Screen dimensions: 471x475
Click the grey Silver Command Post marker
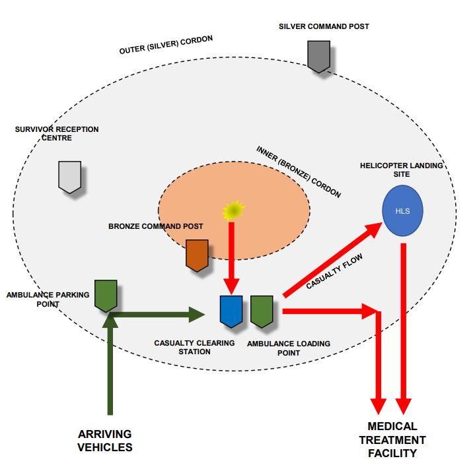click(x=319, y=56)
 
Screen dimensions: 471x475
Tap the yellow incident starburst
click(x=233, y=210)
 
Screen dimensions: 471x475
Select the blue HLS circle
click(x=402, y=211)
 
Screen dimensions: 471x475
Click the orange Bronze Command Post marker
click(x=197, y=255)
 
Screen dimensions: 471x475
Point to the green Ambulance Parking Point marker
click(x=106, y=295)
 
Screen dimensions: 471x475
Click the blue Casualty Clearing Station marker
click(x=231, y=311)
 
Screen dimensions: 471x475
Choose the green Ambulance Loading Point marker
click(x=262, y=311)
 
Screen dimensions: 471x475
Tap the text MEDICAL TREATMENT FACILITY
click(x=392, y=439)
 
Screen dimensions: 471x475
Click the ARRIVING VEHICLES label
click(x=105, y=441)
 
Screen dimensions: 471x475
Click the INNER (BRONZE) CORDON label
click(x=299, y=172)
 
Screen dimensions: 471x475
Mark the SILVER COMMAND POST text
click(x=324, y=26)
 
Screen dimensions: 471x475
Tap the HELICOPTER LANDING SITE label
click(x=401, y=170)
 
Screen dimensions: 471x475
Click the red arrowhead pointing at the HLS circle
click(x=373, y=230)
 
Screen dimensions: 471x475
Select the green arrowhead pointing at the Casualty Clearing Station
click(x=198, y=315)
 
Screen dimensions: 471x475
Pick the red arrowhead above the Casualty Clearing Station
click(x=231, y=286)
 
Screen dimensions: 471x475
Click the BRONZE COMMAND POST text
click(x=155, y=226)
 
